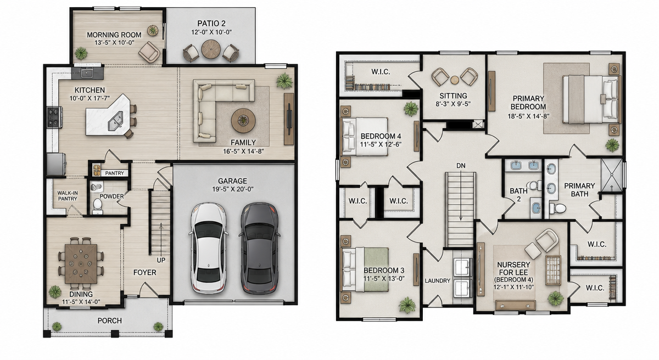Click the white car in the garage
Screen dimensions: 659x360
(x=208, y=249)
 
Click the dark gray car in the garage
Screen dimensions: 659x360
(x=259, y=249)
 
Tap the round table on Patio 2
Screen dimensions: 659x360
(x=211, y=49)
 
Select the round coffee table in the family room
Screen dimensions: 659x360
(x=243, y=121)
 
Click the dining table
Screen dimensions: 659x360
(x=81, y=264)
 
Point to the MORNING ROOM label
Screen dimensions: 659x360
(x=114, y=35)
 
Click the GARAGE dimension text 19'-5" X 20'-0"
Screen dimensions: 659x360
(x=233, y=189)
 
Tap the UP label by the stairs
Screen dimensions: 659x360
(x=161, y=260)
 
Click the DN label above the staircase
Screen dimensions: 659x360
(x=461, y=166)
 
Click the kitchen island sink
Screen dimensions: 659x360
(x=115, y=121)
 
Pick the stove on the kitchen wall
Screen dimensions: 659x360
(x=54, y=117)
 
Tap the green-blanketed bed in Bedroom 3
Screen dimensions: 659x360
(x=365, y=269)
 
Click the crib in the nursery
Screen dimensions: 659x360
(x=553, y=270)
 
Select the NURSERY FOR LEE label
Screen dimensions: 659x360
(x=513, y=268)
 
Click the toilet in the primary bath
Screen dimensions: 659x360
(x=557, y=208)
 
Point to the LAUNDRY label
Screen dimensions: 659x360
(x=438, y=280)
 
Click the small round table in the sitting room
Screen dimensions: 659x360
(x=455, y=80)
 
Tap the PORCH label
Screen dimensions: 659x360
(x=110, y=320)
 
